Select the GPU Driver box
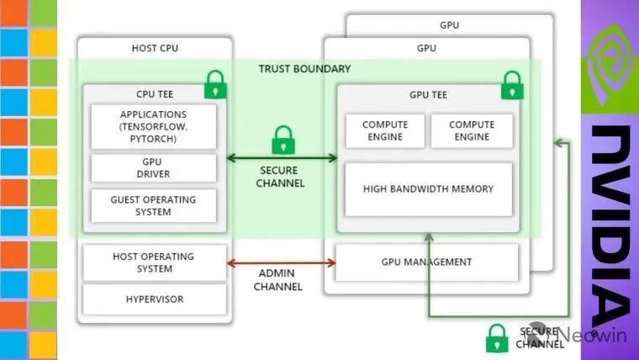[x=153, y=167]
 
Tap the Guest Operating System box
[x=153, y=206]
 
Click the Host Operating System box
[x=153, y=262]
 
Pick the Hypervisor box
[x=153, y=299]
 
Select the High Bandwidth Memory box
[x=428, y=188]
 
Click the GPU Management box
[x=428, y=262]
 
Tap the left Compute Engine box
[x=384, y=130]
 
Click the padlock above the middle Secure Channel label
[x=283, y=140]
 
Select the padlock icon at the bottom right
[x=497, y=337]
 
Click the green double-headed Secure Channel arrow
[x=282, y=157]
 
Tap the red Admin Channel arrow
[x=282, y=263]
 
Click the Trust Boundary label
[x=304, y=68]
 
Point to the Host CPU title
[x=155, y=48]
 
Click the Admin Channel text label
[x=279, y=280]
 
